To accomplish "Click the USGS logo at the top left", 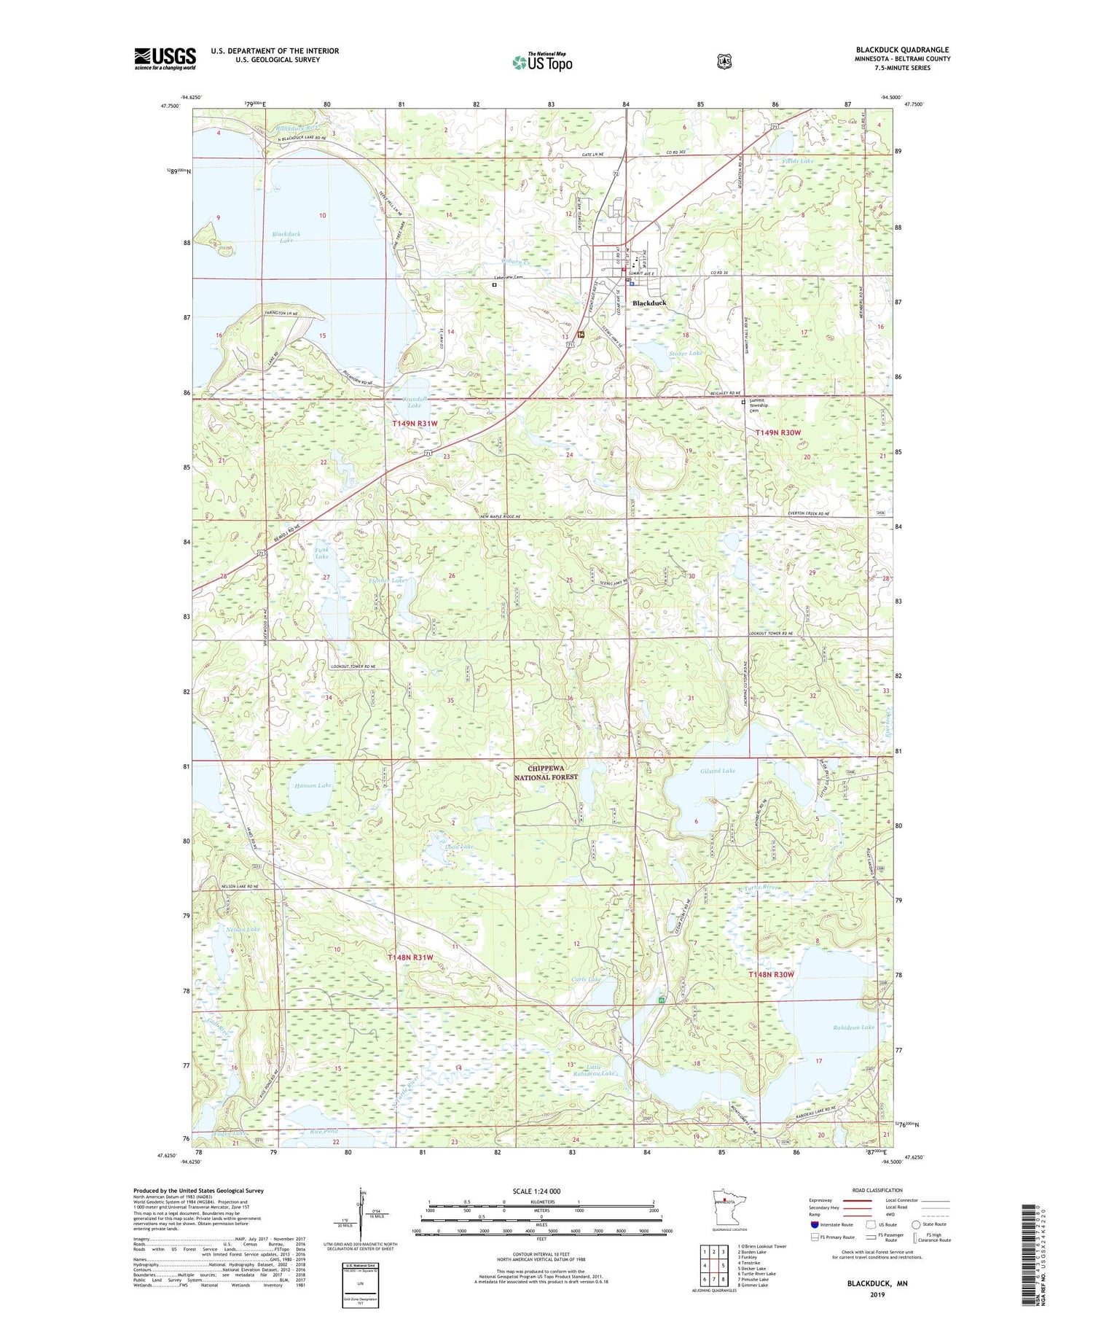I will coord(165,58).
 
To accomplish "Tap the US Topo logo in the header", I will coord(542,62).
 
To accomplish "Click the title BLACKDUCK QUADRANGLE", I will coord(902,50).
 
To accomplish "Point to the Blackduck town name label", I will coord(649,303).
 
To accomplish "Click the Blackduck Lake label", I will coord(286,236).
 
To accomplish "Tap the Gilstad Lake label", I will coord(718,770).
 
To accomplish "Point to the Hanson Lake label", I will coord(313,785).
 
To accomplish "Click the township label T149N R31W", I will coord(415,423).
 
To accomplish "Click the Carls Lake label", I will coord(586,979).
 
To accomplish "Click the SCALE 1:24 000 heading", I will coord(536,1191).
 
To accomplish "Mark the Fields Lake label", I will coord(797,160).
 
